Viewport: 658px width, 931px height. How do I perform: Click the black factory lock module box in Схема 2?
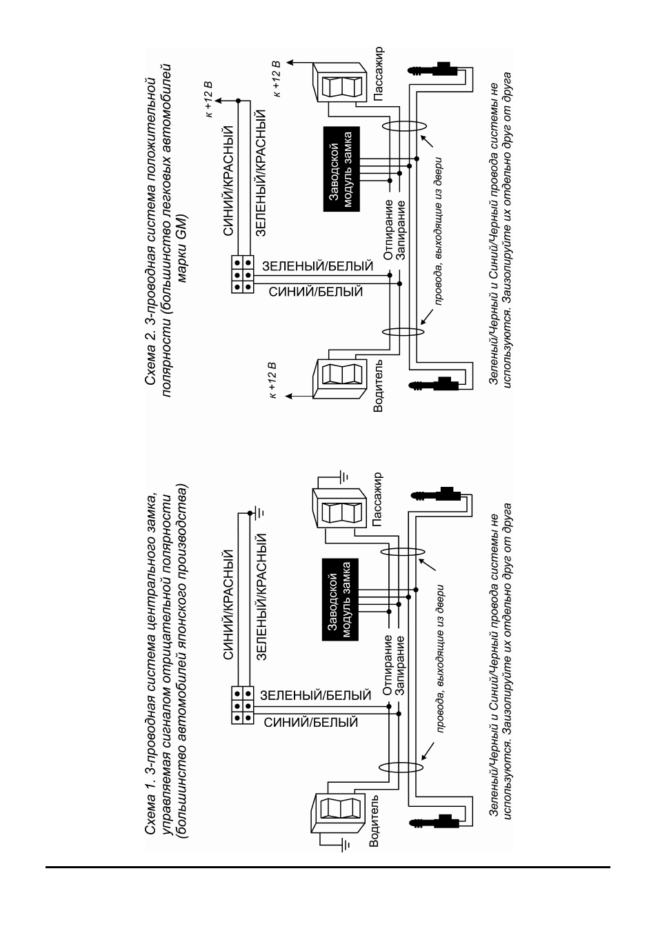coord(341,169)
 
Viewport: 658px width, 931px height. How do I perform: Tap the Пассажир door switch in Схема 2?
coord(339,82)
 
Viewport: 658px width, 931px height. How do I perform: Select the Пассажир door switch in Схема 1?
coord(339,509)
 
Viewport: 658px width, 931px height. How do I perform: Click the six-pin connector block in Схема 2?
coord(242,274)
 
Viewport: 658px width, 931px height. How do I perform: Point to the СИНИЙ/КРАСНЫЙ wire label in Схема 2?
coord(229,181)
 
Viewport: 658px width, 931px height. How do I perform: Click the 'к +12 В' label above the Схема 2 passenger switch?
coord(277,79)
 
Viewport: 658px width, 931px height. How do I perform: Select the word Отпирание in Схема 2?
coord(388,230)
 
